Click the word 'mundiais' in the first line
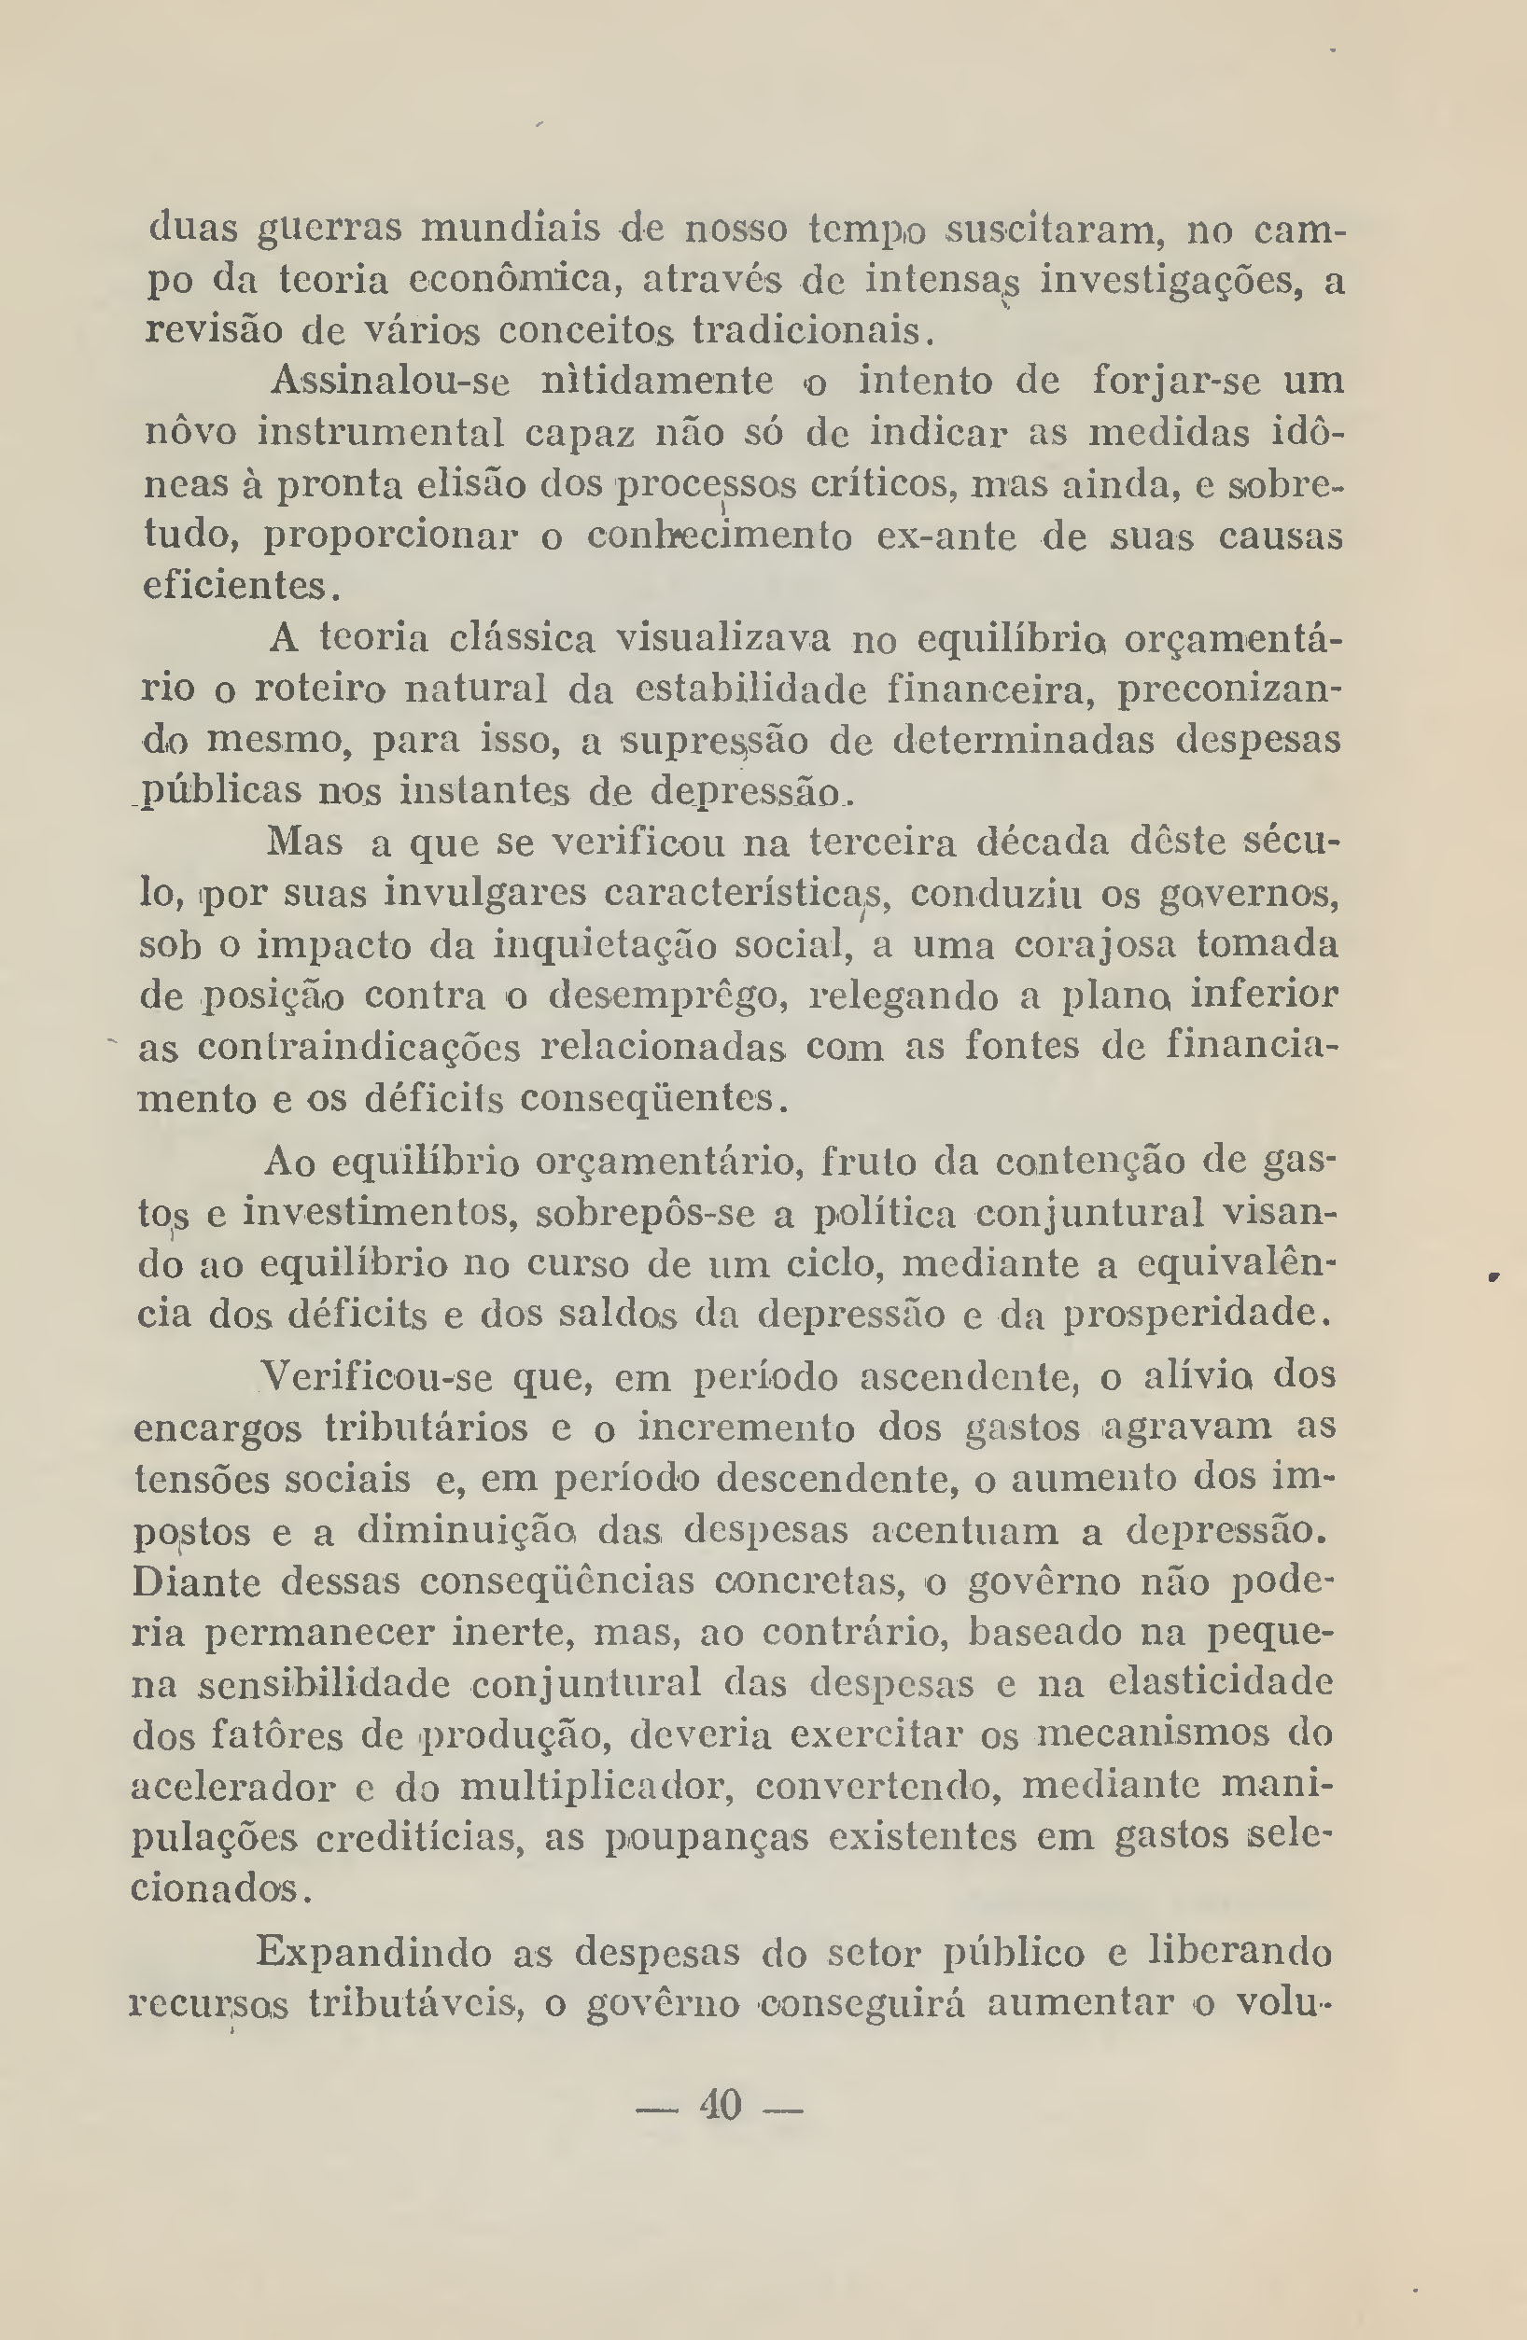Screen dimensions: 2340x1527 [511, 230]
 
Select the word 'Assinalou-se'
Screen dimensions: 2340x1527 [389, 382]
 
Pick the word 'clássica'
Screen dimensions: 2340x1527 [521, 640]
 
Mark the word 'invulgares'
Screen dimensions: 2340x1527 [483, 894]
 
